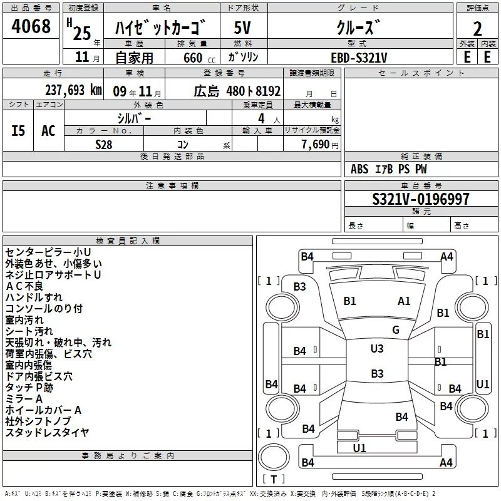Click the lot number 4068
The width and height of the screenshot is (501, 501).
[31, 26]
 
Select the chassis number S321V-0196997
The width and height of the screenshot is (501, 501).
[421, 199]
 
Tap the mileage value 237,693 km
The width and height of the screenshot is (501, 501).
[73, 90]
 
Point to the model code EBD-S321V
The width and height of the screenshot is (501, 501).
[359, 58]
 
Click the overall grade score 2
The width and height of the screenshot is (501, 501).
[477, 29]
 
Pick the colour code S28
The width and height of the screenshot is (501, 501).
[104, 145]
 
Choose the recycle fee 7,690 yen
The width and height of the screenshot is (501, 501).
[320, 145]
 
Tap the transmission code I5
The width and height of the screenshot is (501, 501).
[18, 131]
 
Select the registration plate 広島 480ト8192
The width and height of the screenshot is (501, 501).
[237, 91]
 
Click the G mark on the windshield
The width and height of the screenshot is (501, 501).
[396, 330]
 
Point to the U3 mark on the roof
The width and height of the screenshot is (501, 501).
[377, 349]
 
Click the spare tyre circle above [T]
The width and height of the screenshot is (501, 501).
[274, 457]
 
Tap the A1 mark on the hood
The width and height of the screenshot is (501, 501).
[404, 301]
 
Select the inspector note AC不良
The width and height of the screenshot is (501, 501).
[24, 286]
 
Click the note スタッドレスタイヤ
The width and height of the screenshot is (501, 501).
[48, 433]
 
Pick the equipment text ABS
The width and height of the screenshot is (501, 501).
[359, 169]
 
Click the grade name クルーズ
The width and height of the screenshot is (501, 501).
[358, 28]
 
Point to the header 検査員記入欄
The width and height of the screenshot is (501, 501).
[128, 241]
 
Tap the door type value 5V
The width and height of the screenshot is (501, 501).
[242, 28]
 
